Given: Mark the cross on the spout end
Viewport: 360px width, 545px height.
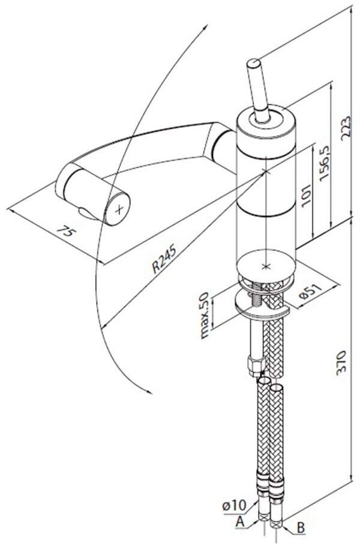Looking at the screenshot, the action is (120, 209).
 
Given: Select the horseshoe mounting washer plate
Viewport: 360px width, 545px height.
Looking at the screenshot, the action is (262, 309).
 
